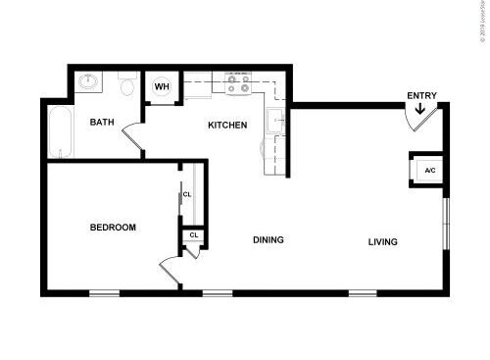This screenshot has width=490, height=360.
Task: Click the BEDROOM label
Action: point(113,228)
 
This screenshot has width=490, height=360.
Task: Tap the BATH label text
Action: point(102,123)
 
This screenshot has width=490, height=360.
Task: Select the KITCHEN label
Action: point(226,126)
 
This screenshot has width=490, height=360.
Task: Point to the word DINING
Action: point(269,240)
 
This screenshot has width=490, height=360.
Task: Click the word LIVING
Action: point(383,242)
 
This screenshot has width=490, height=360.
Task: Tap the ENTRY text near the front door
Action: point(422,95)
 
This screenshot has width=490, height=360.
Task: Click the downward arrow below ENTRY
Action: point(420,109)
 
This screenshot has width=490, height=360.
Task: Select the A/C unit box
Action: point(429,171)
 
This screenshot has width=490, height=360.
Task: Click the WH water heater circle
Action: point(162,86)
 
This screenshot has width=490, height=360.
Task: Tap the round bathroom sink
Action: point(89,82)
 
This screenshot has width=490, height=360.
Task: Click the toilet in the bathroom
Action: point(126,85)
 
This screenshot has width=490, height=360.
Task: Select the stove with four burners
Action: point(238,85)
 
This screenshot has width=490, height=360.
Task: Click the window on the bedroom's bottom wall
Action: point(104,292)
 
